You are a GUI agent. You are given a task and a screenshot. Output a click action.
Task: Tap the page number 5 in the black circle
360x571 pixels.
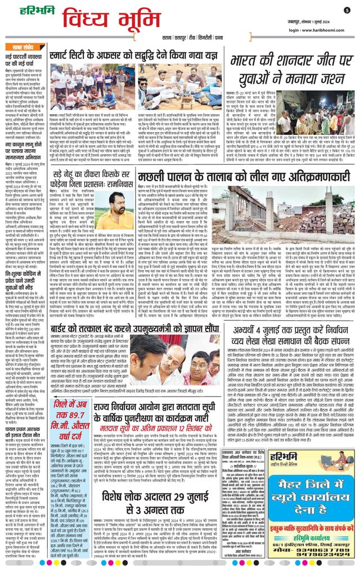point(346,10)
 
